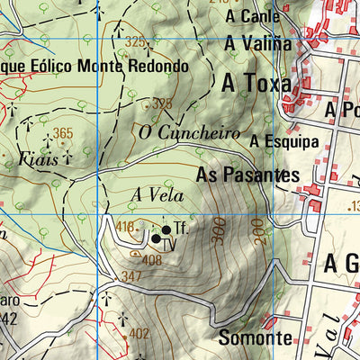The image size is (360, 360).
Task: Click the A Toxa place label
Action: point(256,84)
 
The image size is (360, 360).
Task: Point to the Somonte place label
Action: point(256,338)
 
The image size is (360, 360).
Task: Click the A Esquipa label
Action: point(284,141)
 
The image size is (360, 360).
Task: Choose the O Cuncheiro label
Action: point(190,133)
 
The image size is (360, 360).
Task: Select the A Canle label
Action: point(253,16)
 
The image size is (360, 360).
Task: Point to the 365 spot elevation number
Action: point(62,134)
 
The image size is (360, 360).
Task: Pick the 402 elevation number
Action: point(139,333)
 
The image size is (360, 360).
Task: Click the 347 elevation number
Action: point(131,275)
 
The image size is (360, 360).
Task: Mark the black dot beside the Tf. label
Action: point(166,229)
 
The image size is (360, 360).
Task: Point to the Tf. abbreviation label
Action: point(181,229)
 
